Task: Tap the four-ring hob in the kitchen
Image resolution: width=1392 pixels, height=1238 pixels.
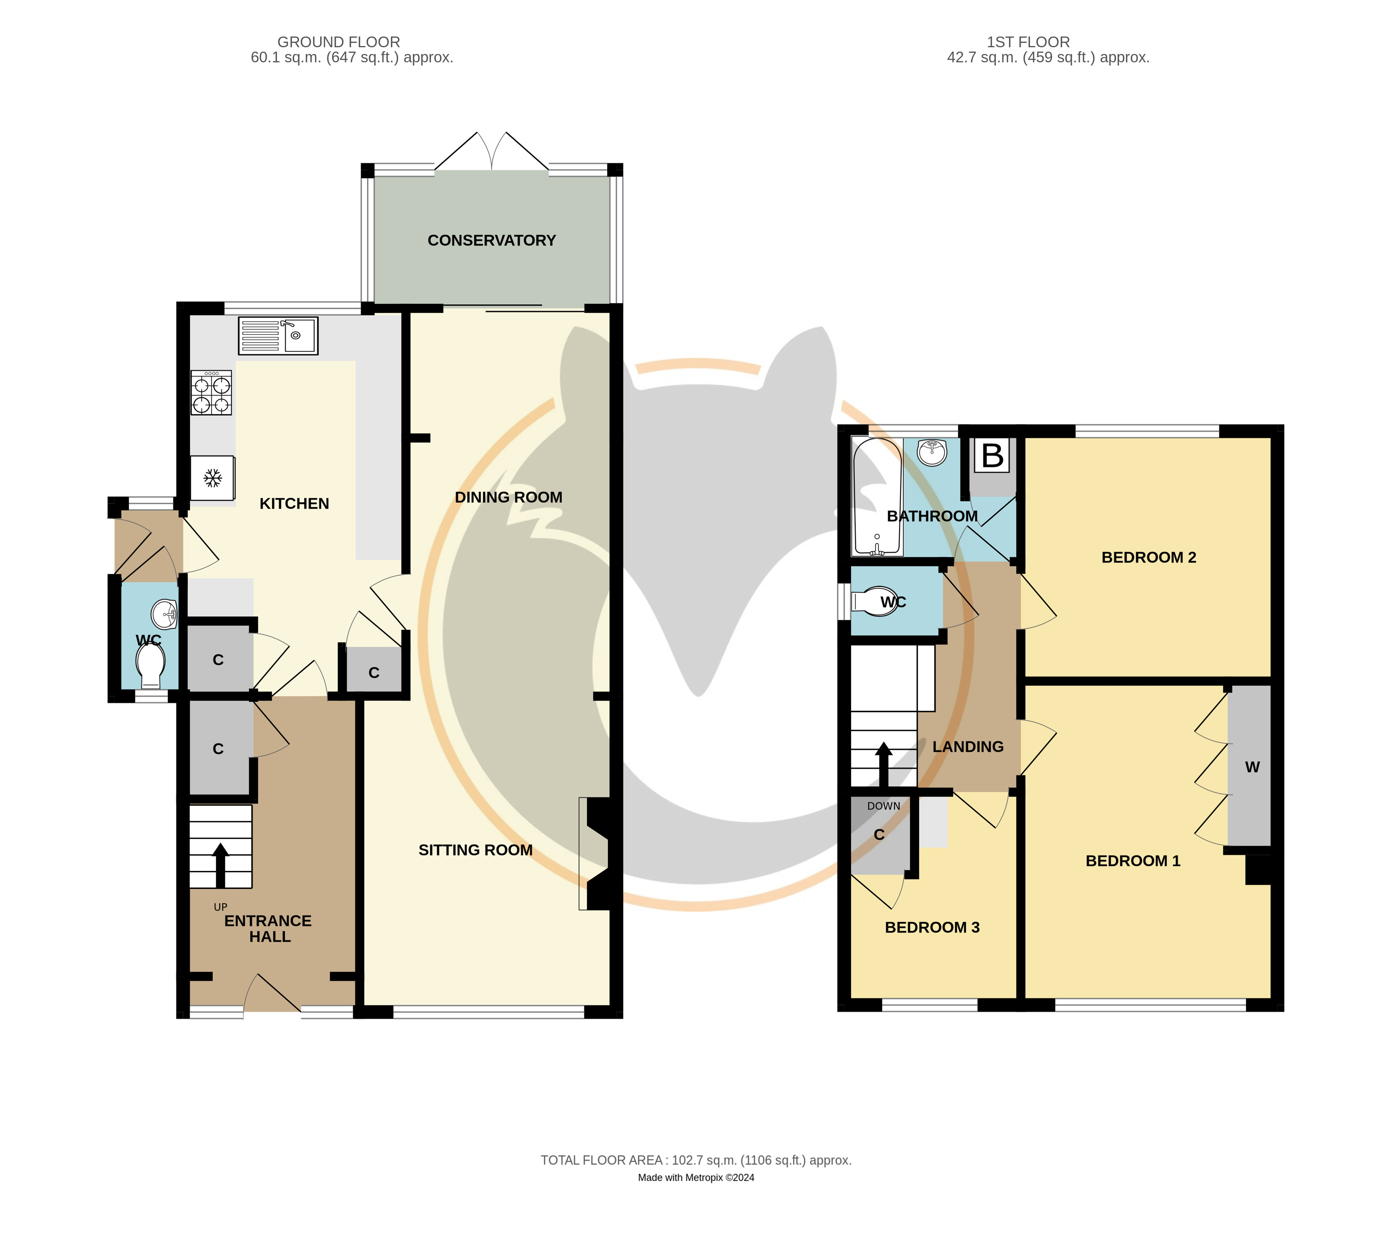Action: click(211, 393)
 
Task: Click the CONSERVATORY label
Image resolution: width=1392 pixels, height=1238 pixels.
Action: click(492, 240)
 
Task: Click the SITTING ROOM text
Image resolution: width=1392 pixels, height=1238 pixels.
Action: click(475, 850)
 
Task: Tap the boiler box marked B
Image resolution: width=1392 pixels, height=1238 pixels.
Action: click(992, 456)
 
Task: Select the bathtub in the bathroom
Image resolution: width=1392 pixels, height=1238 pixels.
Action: click(877, 496)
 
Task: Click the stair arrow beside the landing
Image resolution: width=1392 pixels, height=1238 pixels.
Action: click(883, 764)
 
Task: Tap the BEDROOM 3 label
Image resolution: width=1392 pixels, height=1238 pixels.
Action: click(932, 927)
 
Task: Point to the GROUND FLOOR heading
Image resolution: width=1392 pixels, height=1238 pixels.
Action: click(338, 42)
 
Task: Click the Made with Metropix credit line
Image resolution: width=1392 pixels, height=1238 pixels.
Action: click(696, 1177)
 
